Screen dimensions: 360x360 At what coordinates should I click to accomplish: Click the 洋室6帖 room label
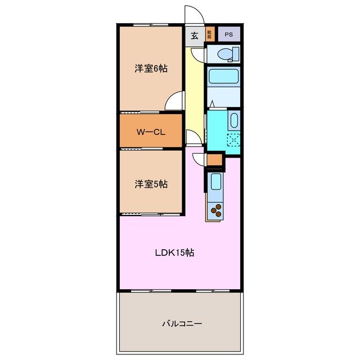(150, 69)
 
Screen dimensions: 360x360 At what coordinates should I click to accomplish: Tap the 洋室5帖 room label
(150, 184)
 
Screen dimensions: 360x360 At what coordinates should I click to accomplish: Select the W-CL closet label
(150, 133)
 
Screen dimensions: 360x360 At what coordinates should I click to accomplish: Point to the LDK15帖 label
(174, 253)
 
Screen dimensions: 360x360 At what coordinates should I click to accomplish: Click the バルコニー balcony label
(182, 323)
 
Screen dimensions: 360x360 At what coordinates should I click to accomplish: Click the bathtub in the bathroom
(223, 76)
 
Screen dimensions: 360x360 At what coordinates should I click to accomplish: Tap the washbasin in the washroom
(234, 119)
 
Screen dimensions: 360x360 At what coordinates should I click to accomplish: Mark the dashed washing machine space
(233, 140)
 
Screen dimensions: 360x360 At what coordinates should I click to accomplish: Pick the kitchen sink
(216, 181)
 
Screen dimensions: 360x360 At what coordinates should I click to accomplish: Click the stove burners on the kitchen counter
(216, 211)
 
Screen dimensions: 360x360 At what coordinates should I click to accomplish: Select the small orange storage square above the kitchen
(214, 160)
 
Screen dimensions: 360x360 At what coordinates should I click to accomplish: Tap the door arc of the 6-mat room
(174, 101)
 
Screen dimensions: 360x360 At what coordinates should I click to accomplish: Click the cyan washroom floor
(217, 132)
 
